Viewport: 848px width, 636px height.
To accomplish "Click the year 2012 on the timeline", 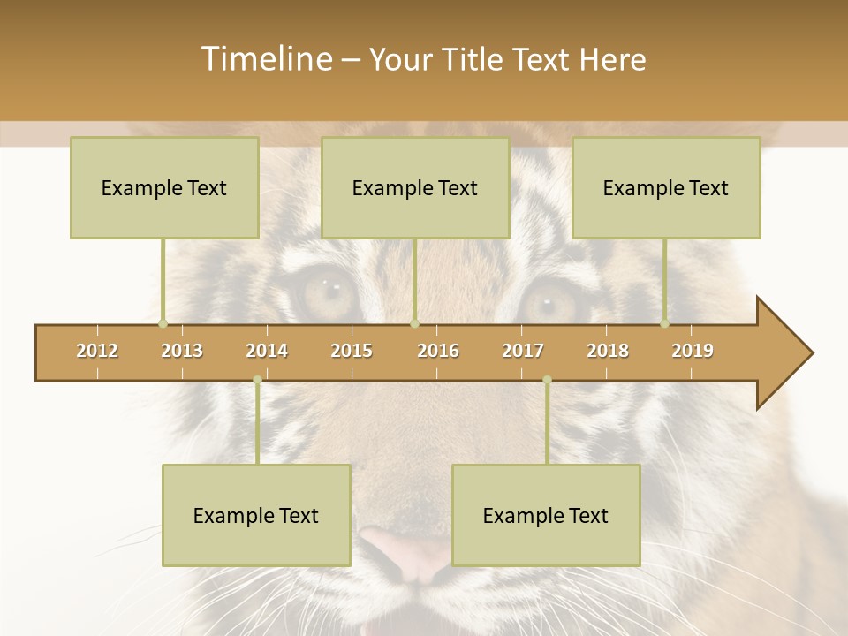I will (x=97, y=352).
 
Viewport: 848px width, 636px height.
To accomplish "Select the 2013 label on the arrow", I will (x=182, y=352).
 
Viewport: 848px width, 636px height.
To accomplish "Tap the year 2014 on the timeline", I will (x=267, y=352).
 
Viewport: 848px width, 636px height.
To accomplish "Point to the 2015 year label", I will (x=352, y=352).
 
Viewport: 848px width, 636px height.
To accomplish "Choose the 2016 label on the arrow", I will (x=438, y=352).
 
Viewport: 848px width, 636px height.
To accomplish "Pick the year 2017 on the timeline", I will (x=523, y=352).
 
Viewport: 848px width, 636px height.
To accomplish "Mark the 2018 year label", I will (x=608, y=352).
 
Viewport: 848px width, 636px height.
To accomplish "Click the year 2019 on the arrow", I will (x=693, y=352).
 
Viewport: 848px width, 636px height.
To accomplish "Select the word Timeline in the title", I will (x=265, y=59).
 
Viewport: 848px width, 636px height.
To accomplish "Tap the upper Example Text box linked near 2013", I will (x=164, y=187).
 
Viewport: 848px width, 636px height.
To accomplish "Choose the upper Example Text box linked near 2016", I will (x=415, y=187).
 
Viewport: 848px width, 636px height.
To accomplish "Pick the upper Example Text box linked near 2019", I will (x=666, y=187).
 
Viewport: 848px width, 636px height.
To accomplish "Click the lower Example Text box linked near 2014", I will (x=256, y=515).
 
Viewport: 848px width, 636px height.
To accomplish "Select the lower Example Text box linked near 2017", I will (x=546, y=515).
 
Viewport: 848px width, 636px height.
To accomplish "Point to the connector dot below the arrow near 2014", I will (x=257, y=380).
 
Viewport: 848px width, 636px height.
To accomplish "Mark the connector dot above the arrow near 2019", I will (x=664, y=323).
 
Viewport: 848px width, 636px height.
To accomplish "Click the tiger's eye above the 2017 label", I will (x=548, y=300).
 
